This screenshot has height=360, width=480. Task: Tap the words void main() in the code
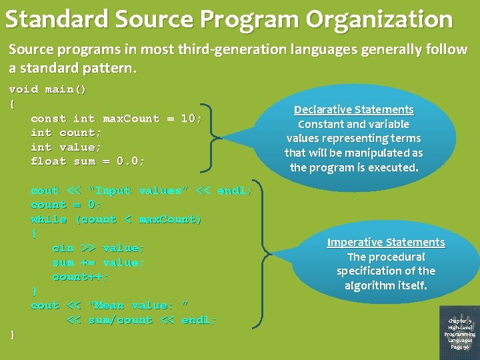pos(47,89)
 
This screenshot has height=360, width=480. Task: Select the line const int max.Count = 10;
pos(117,119)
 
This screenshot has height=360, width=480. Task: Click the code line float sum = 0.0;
pos(87,161)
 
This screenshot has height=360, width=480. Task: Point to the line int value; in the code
pos(66,147)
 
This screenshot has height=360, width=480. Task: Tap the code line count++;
pos(81,277)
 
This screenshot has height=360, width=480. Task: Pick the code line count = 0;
pos(66,205)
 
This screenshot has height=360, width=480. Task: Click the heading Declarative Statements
pos(354,109)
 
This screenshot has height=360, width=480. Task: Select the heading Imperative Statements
pos(385,242)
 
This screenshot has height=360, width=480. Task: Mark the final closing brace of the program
pos(12,334)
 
